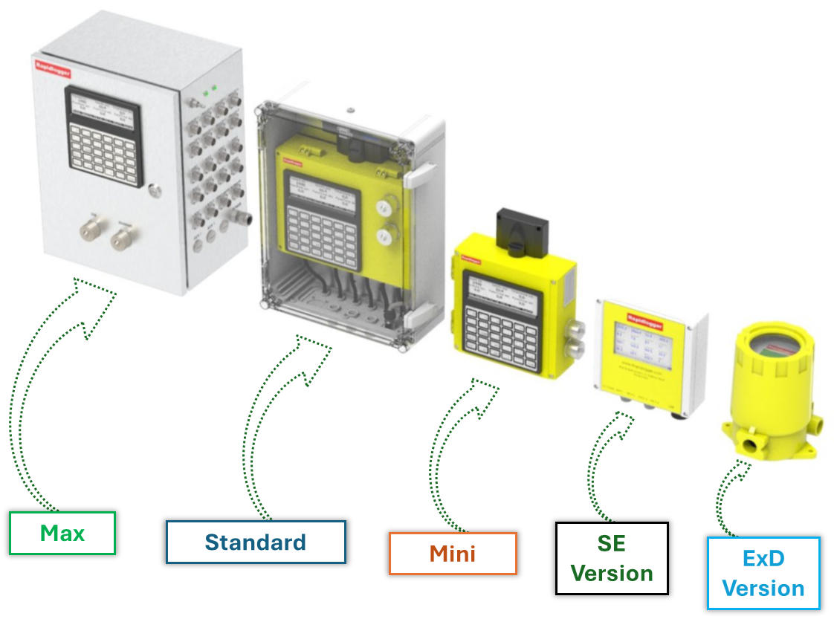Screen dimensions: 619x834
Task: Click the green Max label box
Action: coord(62,533)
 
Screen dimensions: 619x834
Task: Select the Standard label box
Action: coord(256,542)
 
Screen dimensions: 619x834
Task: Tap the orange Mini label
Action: coord(453,554)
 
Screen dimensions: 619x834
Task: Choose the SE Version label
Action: coord(612,558)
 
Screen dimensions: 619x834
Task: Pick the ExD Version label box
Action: coord(763,573)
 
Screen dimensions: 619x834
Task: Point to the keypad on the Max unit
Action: coord(104,152)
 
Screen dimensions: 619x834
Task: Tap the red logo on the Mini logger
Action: coord(471,259)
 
